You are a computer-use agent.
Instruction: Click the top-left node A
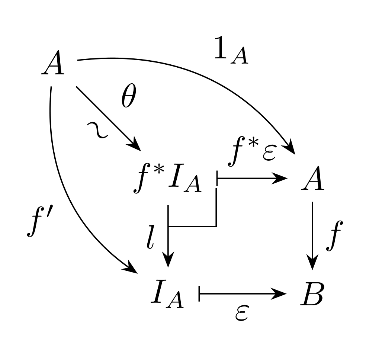click(x=53, y=62)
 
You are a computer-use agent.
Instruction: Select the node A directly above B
click(x=312, y=178)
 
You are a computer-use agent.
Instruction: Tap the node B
click(x=312, y=293)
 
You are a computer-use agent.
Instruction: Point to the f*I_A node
click(x=167, y=179)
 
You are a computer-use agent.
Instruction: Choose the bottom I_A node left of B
click(x=167, y=294)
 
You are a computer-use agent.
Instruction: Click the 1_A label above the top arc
click(x=231, y=50)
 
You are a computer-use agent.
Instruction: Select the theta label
click(x=129, y=96)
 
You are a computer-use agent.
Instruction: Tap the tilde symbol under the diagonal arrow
click(x=97, y=130)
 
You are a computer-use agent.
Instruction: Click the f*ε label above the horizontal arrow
click(x=253, y=152)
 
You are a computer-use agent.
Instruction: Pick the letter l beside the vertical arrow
click(x=151, y=237)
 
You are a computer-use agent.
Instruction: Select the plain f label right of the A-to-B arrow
click(x=335, y=236)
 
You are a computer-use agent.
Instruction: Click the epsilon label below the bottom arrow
click(x=242, y=313)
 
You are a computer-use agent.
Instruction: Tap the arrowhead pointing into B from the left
click(x=279, y=294)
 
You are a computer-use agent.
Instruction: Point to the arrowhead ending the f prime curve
click(x=130, y=268)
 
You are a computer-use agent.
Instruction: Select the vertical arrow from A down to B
click(x=312, y=236)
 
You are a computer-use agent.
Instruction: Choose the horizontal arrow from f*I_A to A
click(x=252, y=179)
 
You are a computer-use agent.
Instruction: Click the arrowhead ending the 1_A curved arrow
click(x=289, y=147)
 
